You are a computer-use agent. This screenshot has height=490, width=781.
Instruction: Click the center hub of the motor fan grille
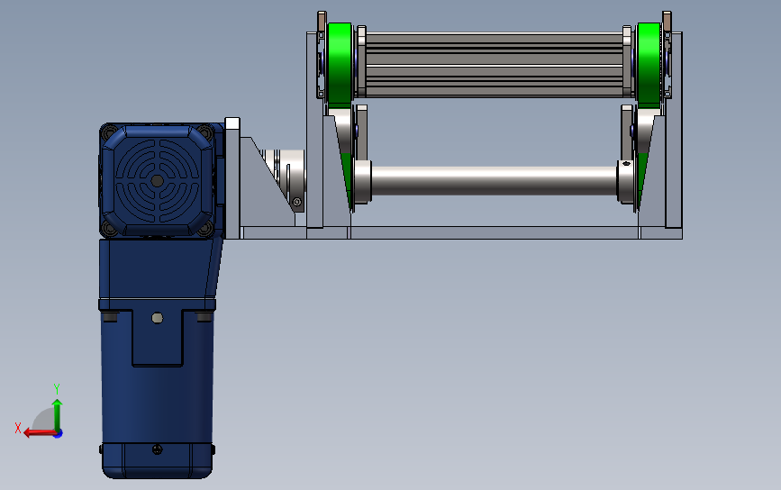[157, 181]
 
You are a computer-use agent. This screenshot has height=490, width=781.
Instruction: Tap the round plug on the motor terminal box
[157, 318]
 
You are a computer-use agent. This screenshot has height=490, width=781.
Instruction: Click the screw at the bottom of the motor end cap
[157, 449]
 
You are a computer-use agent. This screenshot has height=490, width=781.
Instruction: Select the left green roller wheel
[340, 64]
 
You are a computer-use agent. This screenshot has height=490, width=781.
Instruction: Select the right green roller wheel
[649, 64]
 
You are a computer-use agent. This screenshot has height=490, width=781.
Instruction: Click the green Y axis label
[57, 388]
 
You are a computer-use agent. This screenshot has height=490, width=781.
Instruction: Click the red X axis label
[18, 428]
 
